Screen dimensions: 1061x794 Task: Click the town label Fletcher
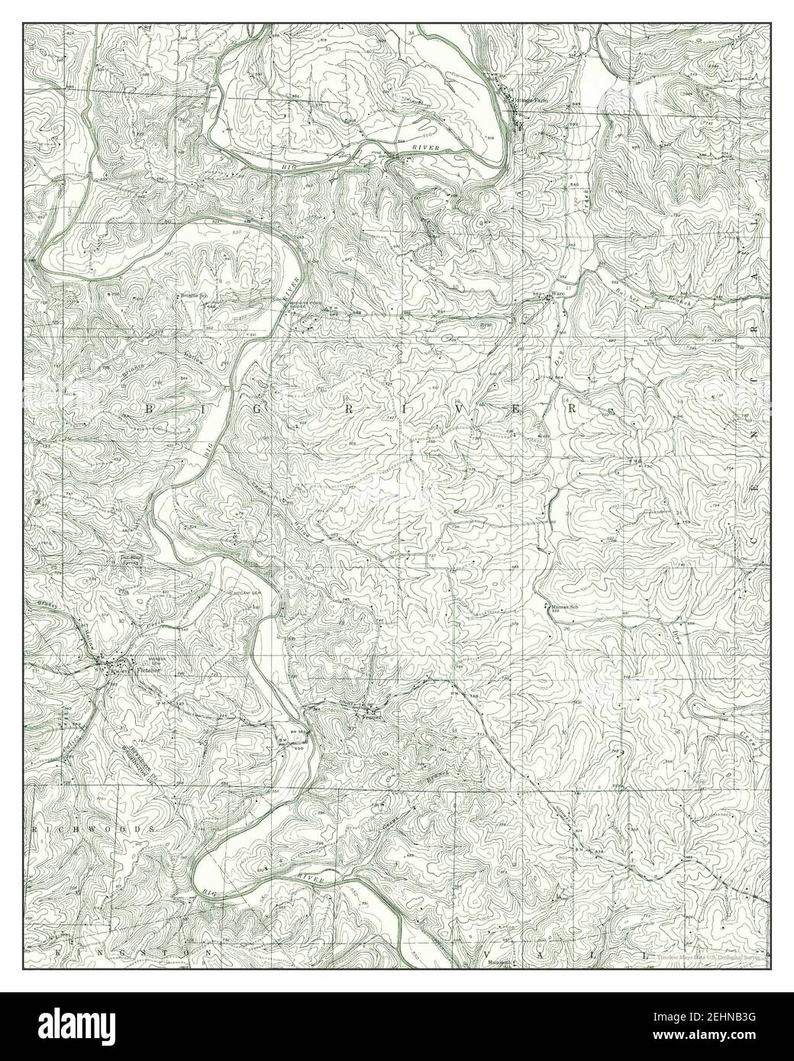pyautogui.click(x=145, y=671)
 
